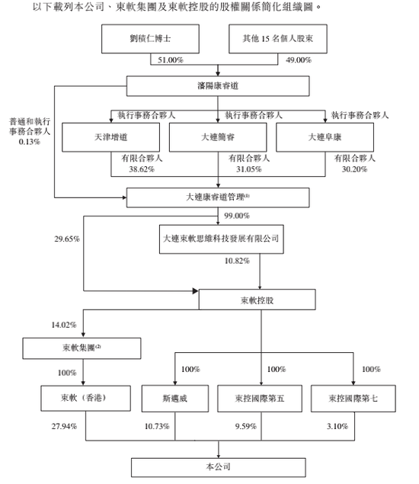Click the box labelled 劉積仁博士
(x=150, y=39)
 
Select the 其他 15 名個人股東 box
(x=278, y=39)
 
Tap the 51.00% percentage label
(x=171, y=60)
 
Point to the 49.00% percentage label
(x=299, y=60)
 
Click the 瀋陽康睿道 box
(x=218, y=86)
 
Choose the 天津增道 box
(x=110, y=137)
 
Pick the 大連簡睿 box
(x=218, y=137)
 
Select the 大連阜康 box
(x=325, y=137)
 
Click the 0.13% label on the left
(x=29, y=142)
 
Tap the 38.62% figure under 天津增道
(x=142, y=169)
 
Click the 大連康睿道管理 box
(x=218, y=197)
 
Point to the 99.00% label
(x=237, y=216)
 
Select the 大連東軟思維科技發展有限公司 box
(x=221, y=239)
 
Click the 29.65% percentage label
(x=67, y=239)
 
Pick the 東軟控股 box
(x=257, y=300)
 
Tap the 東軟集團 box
(x=82, y=348)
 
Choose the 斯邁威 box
(x=175, y=399)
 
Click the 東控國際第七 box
(x=353, y=399)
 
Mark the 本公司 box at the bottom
(x=219, y=467)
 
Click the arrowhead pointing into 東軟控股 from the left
(x=195, y=290)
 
